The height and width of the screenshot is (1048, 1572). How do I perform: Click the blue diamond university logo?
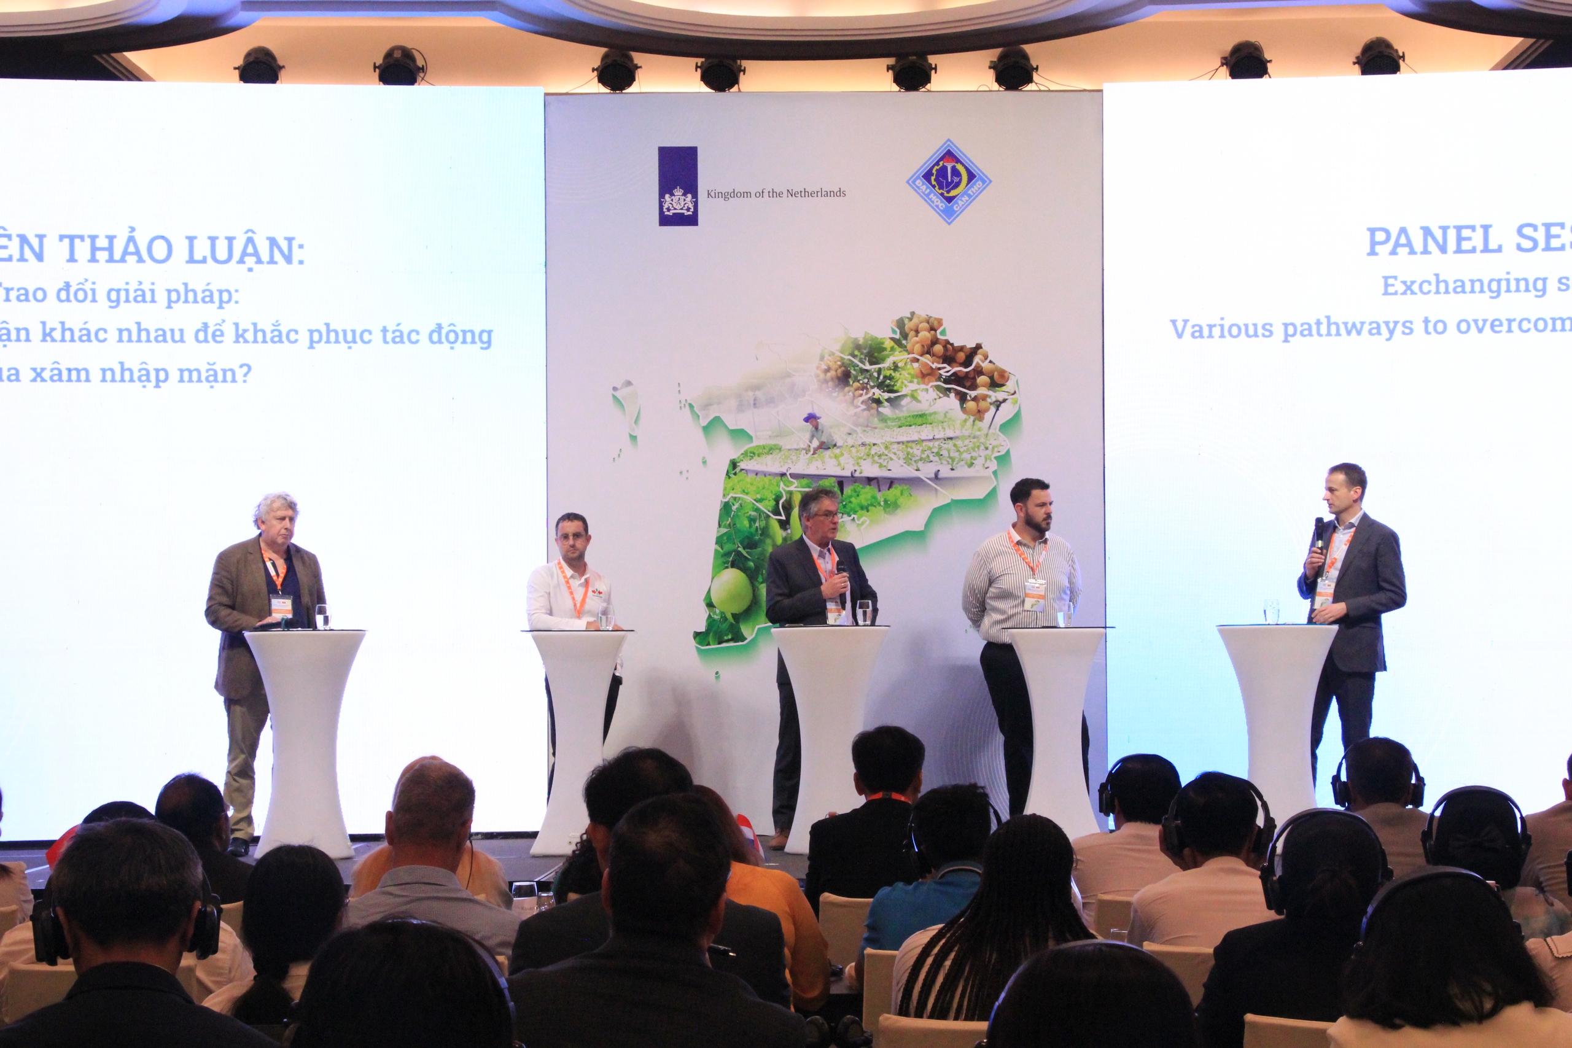[947, 181]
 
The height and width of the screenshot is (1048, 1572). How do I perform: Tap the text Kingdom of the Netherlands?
[776, 194]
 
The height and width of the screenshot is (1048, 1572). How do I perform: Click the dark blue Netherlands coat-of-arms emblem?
[678, 187]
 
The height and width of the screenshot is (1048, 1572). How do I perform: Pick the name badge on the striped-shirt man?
[1035, 594]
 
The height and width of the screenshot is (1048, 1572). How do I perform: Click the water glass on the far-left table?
[322, 616]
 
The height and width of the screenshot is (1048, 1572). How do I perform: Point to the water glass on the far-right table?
[1270, 611]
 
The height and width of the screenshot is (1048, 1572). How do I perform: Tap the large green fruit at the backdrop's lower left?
[731, 590]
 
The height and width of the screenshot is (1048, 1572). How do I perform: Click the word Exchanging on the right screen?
[1464, 285]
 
